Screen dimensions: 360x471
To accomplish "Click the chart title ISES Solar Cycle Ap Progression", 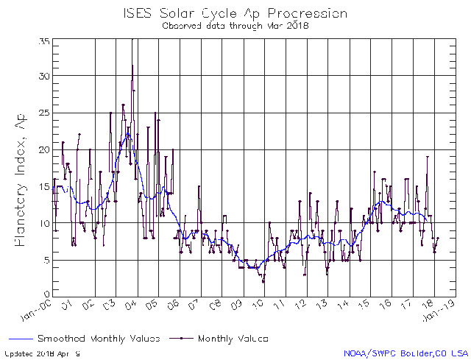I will pyautogui.click(x=235, y=13).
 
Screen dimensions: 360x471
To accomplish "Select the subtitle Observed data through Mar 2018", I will pyautogui.click(x=235, y=25).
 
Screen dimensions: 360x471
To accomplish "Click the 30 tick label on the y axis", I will pyautogui.click(x=43, y=76).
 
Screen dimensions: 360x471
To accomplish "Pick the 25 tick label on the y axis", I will pyautogui.click(x=43, y=113).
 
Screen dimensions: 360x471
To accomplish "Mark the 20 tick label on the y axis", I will pyautogui.click(x=43, y=149).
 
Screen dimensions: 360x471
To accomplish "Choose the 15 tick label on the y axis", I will pyautogui.click(x=43, y=186).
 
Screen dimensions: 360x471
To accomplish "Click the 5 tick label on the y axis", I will pyautogui.click(x=46, y=259).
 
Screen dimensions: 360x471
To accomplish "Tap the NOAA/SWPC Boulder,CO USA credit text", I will pyautogui.click(x=404, y=353).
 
